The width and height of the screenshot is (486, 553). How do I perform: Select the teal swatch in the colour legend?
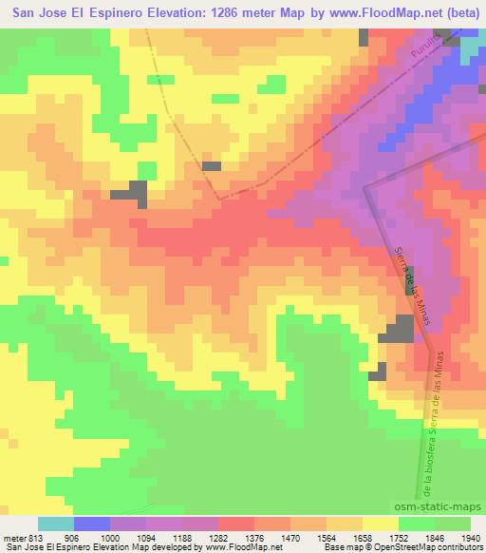(x=56, y=523)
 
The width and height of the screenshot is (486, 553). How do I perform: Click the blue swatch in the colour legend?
(x=92, y=523)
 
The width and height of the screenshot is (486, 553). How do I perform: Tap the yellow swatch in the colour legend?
(x=380, y=523)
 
